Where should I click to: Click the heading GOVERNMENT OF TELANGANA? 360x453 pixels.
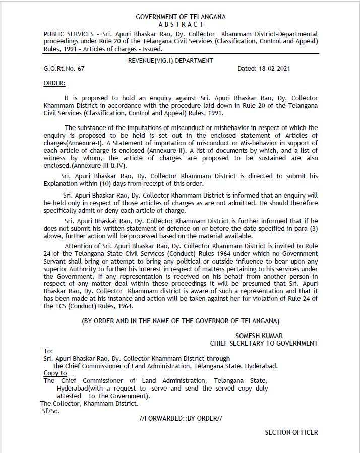tap(181, 17)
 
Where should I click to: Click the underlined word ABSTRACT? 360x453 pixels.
tap(181, 24)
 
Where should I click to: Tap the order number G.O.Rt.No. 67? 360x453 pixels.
tap(64, 69)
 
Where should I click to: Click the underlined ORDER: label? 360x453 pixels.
tap(54, 83)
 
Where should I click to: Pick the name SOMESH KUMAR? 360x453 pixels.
tap(259, 336)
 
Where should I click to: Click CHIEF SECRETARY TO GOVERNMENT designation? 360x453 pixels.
tap(264, 343)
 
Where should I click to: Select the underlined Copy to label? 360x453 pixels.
tap(55, 373)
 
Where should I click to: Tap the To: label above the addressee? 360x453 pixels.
tap(48, 351)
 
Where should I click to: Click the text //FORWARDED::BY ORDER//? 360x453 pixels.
tap(181, 418)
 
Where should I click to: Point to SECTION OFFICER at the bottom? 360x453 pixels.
tap(291, 432)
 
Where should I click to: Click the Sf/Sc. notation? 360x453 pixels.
tap(51, 411)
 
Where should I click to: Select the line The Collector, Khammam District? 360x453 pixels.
tap(89, 403)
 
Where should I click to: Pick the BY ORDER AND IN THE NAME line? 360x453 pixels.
tap(181, 321)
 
